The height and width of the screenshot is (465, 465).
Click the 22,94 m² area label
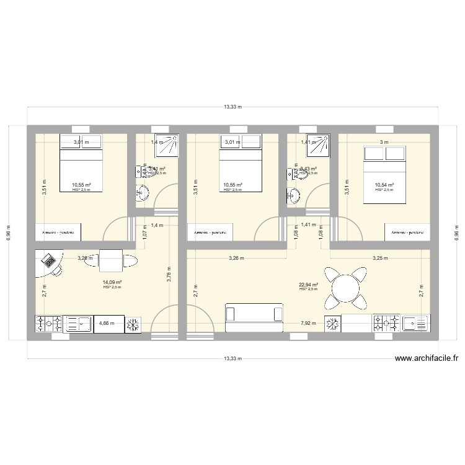point(308,285)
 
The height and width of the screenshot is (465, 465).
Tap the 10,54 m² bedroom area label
point(384,185)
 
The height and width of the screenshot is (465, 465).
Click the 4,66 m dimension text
point(107,324)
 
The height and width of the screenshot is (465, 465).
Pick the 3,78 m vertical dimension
point(168,273)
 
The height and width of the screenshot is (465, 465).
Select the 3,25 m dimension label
point(380,258)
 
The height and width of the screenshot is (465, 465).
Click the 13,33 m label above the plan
point(232,107)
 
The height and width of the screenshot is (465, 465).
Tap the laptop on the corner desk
point(48,260)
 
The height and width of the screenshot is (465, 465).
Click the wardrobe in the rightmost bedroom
point(407,232)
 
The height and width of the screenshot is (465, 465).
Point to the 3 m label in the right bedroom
point(384,142)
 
